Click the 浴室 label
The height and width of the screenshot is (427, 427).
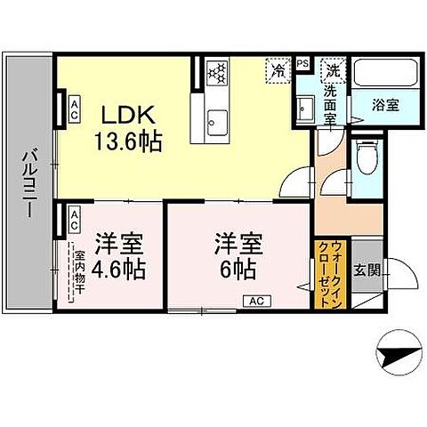point(385,104)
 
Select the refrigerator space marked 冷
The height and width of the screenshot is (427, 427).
point(278,69)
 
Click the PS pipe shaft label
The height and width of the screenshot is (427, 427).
point(302,64)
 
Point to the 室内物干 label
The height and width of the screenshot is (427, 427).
point(78,272)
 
